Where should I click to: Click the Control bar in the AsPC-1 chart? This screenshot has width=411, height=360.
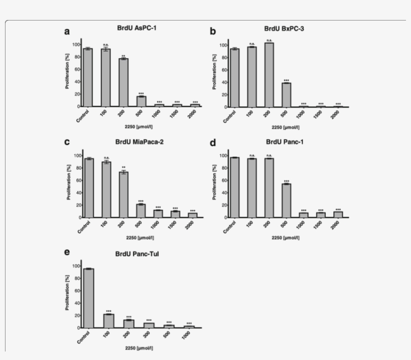point(88,78)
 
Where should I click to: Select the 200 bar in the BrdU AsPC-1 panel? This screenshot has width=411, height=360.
point(123,83)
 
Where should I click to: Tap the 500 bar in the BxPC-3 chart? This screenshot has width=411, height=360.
point(286,95)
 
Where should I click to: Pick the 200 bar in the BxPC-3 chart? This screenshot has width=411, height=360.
point(269,75)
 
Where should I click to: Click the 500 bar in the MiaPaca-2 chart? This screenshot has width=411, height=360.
point(141,211)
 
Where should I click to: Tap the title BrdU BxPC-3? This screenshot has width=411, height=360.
point(284,29)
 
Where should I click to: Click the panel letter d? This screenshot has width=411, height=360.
point(213,143)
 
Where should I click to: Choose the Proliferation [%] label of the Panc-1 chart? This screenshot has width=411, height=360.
point(215,183)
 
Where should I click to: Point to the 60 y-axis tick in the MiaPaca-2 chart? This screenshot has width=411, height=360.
point(76,180)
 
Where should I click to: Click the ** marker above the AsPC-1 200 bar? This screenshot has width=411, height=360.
point(123,56)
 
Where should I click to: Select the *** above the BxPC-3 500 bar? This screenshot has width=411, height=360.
point(286,80)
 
